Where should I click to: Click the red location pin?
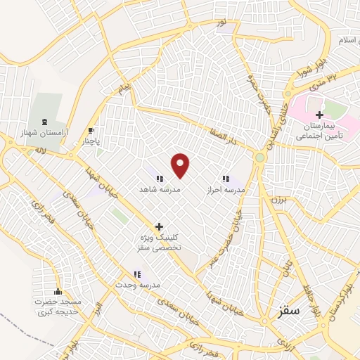pos(181,165)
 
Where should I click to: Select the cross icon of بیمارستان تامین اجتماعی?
pos(319,115)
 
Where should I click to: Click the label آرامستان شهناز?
pos(46,132)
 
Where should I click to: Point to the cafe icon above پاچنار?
pos(91,130)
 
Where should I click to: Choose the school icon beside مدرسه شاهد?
pos(160,179)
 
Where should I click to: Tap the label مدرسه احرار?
pos(226,190)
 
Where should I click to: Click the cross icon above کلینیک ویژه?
pos(160,226)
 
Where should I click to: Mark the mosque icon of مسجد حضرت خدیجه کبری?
pos(58,291)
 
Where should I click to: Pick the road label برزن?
pos(276,199)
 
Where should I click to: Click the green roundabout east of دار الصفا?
pos(260,157)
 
